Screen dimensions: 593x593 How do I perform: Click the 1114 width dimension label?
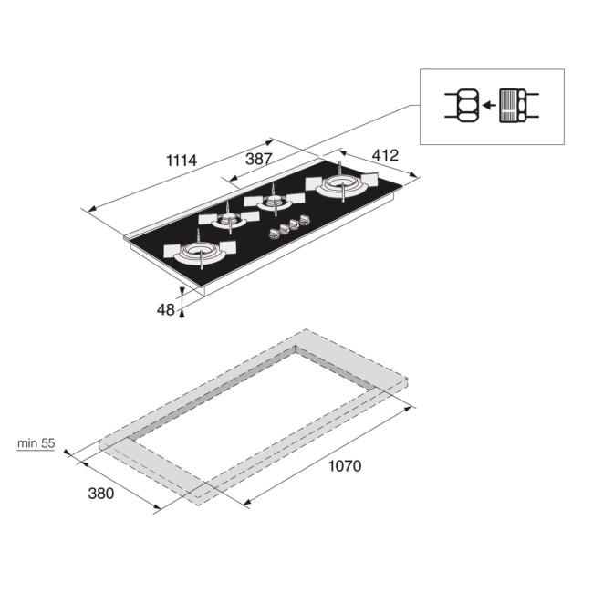pyautogui.click(x=182, y=160)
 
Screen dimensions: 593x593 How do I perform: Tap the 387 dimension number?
pyautogui.click(x=258, y=159)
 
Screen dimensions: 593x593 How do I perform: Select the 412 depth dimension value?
pyautogui.click(x=384, y=156)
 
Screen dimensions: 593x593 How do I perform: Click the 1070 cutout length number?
pyautogui.click(x=345, y=466)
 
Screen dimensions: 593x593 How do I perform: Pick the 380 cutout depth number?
pyautogui.click(x=100, y=494)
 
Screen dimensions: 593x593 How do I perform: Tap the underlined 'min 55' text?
pyautogui.click(x=36, y=443)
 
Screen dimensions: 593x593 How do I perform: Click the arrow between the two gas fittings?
pyautogui.click(x=489, y=106)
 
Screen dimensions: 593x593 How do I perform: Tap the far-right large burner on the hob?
pyautogui.click(x=340, y=186)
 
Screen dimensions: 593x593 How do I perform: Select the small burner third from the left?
pyautogui.click(x=271, y=202)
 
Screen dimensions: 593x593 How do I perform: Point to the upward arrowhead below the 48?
pyautogui.click(x=182, y=312)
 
